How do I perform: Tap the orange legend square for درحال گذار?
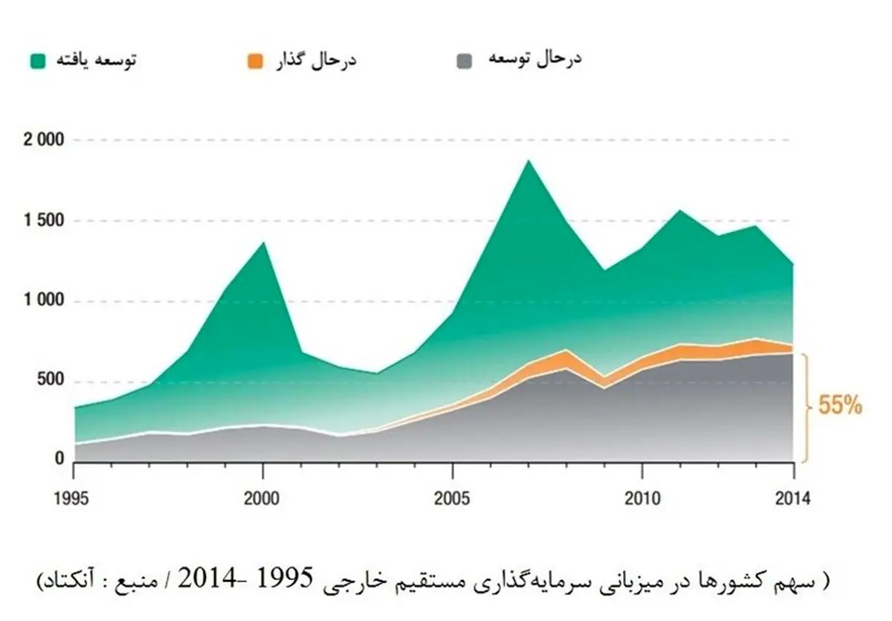(254, 60)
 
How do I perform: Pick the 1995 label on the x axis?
(74, 498)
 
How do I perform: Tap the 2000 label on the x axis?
(262, 498)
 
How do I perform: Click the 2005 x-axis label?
(452, 498)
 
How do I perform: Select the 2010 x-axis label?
(641, 498)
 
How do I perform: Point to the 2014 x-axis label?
(792, 498)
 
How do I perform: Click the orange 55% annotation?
(840, 406)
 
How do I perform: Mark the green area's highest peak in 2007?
(529, 161)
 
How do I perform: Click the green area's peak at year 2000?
(263, 243)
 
